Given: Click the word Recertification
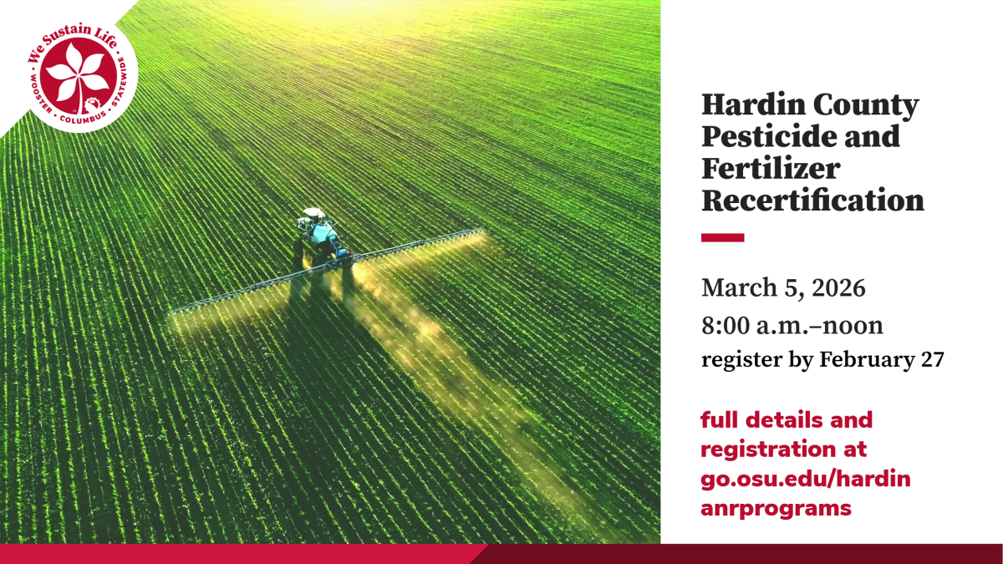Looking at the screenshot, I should [812, 201].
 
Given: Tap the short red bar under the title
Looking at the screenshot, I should [722, 238].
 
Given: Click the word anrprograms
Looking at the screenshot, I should [776, 508].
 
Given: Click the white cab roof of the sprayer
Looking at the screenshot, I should [313, 213].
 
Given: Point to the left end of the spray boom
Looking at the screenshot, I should [171, 312].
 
